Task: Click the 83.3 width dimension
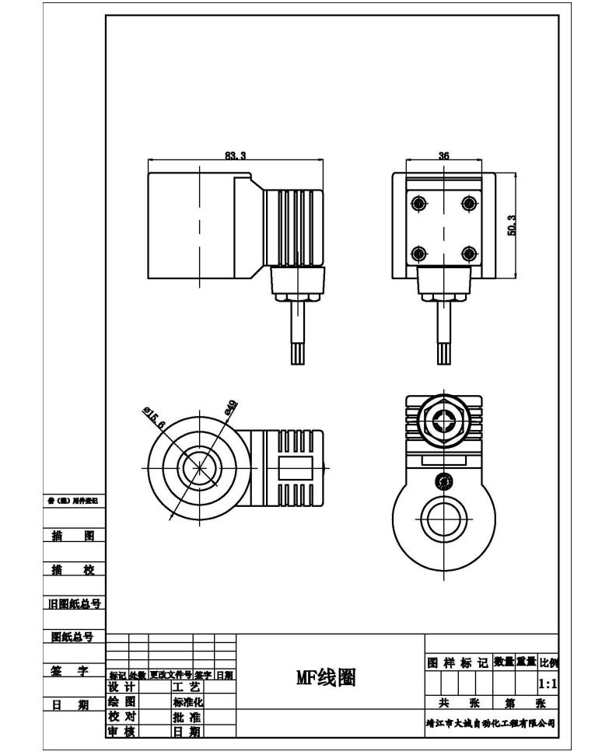coord(236,156)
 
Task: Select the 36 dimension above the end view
coord(444,156)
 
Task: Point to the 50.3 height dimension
coord(512,225)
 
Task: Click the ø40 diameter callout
coord(231,408)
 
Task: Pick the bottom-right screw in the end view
coord(468,253)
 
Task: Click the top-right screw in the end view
coord(468,204)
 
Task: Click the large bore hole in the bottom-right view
coord(444,516)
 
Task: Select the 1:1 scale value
coord(547,684)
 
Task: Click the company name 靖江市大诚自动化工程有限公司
coord(491,722)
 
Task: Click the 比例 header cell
coord(548,662)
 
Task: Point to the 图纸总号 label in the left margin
coord(72,637)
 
